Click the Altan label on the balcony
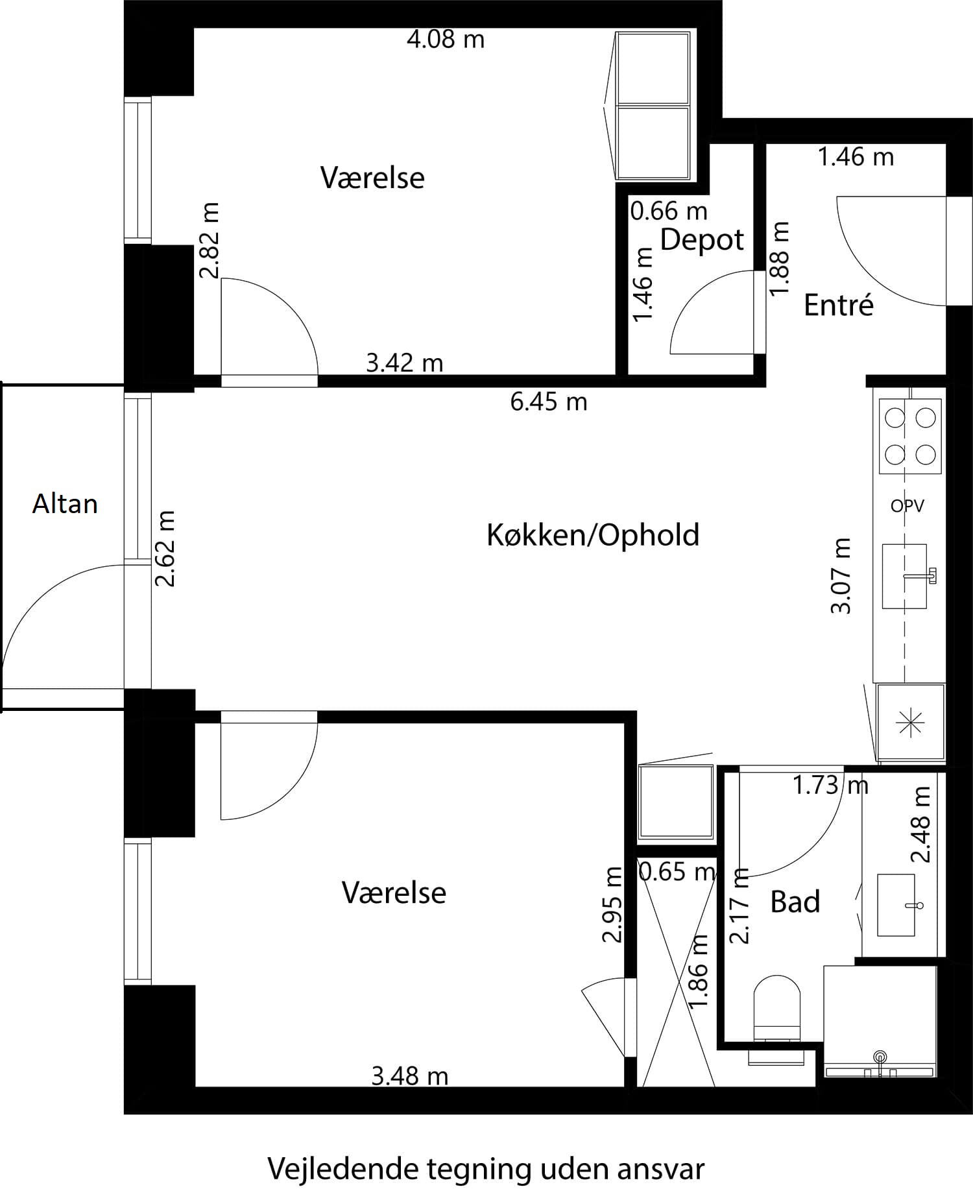pyautogui.click(x=65, y=504)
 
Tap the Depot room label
pyautogui.click(x=702, y=239)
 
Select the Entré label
pyautogui.click(x=839, y=305)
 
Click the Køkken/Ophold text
pyautogui.click(x=593, y=535)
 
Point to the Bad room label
pyautogui.click(x=795, y=902)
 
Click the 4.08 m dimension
pyautogui.click(x=446, y=40)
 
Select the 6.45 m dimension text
pyautogui.click(x=549, y=402)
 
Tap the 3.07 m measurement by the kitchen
pyautogui.click(x=841, y=575)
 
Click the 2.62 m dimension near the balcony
pyautogui.click(x=166, y=549)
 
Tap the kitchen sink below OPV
pyautogui.click(x=905, y=576)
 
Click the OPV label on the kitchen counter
pyautogui.click(x=907, y=505)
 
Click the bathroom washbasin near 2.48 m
pyautogui.click(x=896, y=905)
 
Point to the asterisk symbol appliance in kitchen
pyautogui.click(x=910, y=722)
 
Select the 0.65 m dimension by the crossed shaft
pyautogui.click(x=677, y=871)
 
